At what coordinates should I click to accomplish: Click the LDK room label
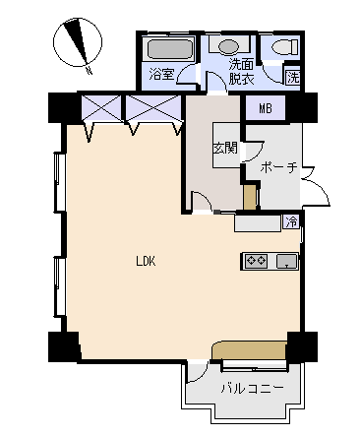click(146, 262)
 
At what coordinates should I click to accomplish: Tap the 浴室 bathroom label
click(161, 74)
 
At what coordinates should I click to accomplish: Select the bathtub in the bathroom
click(169, 49)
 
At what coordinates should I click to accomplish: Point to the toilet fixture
click(285, 46)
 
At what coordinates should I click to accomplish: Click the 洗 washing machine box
click(293, 78)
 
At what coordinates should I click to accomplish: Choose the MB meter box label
click(266, 108)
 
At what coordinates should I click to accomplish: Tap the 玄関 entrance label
click(225, 149)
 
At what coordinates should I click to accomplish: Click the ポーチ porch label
click(278, 167)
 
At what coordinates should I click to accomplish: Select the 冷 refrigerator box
click(291, 222)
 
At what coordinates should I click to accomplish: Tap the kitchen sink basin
click(287, 262)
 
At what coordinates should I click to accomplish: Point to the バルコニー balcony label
click(252, 389)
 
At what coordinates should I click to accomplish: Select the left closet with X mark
click(101, 108)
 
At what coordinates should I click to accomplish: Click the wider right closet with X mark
click(153, 108)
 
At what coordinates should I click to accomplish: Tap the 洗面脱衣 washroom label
click(241, 72)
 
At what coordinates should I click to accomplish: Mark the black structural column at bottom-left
click(64, 346)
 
